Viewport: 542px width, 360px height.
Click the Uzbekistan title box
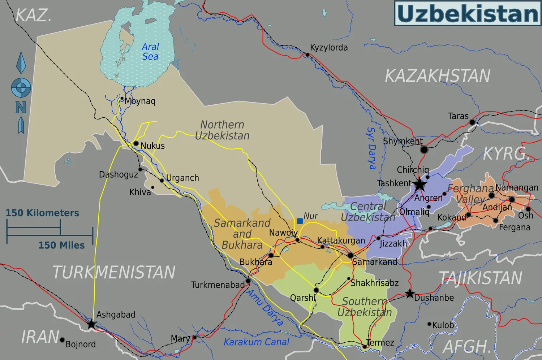coord(468,13)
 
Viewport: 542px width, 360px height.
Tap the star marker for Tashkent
coord(420,185)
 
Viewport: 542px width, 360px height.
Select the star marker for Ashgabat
coord(91,324)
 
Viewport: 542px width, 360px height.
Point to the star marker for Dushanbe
coord(409,294)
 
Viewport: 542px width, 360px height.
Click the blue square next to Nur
coord(300,221)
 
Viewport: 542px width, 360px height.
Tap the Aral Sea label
coord(150,52)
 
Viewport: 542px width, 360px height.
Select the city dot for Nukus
coord(136,143)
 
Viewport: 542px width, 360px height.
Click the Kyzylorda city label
coord(329,48)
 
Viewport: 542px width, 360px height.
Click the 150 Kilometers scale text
coord(42,213)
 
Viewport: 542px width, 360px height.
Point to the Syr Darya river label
coord(371,148)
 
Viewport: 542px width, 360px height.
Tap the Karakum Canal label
coord(257,342)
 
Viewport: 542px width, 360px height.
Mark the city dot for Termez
coord(365,347)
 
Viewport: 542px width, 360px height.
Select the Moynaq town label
coord(140,101)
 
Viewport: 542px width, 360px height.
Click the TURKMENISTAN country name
coord(114,272)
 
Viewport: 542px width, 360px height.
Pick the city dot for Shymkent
coord(424,149)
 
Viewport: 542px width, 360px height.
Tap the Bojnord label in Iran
coord(81,344)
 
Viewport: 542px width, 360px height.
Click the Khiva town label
coord(140,192)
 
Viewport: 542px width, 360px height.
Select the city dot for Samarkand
coord(350,255)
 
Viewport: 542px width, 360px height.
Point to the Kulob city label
coord(443,325)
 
